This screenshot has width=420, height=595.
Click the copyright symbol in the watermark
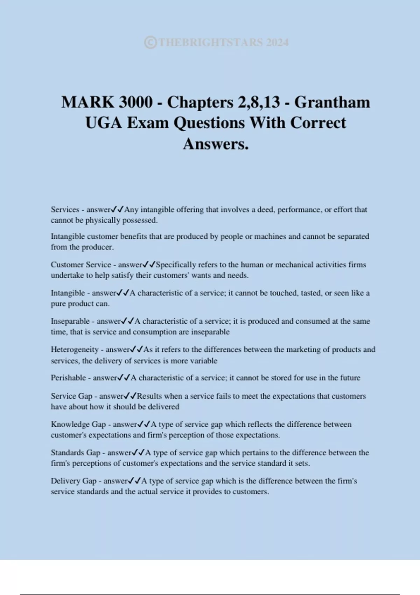(x=150, y=42)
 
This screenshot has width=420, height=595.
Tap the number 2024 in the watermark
(x=277, y=42)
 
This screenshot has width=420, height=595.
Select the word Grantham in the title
(x=332, y=102)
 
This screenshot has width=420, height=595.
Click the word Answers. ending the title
(x=216, y=143)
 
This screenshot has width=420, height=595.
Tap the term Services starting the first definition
(x=65, y=210)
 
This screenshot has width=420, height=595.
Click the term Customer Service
(x=81, y=265)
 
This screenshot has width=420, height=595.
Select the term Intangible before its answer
(x=68, y=293)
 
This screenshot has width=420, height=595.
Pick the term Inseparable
(x=70, y=321)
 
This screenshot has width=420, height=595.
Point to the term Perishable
(x=68, y=378)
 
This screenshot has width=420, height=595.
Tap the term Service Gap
(x=71, y=396)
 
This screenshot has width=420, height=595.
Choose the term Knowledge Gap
(x=78, y=425)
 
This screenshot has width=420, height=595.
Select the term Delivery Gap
(x=73, y=481)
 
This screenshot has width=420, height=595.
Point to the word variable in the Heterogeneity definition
(x=203, y=361)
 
